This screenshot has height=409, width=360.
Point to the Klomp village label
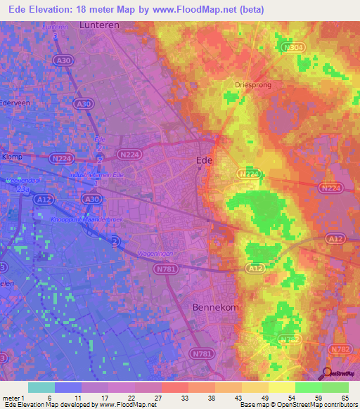coord(13,157)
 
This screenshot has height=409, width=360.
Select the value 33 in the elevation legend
coord(184,398)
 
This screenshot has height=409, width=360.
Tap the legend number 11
coord(77,398)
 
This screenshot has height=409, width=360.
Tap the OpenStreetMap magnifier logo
coord(327,374)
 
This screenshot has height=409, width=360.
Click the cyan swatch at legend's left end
coord(41,387)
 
